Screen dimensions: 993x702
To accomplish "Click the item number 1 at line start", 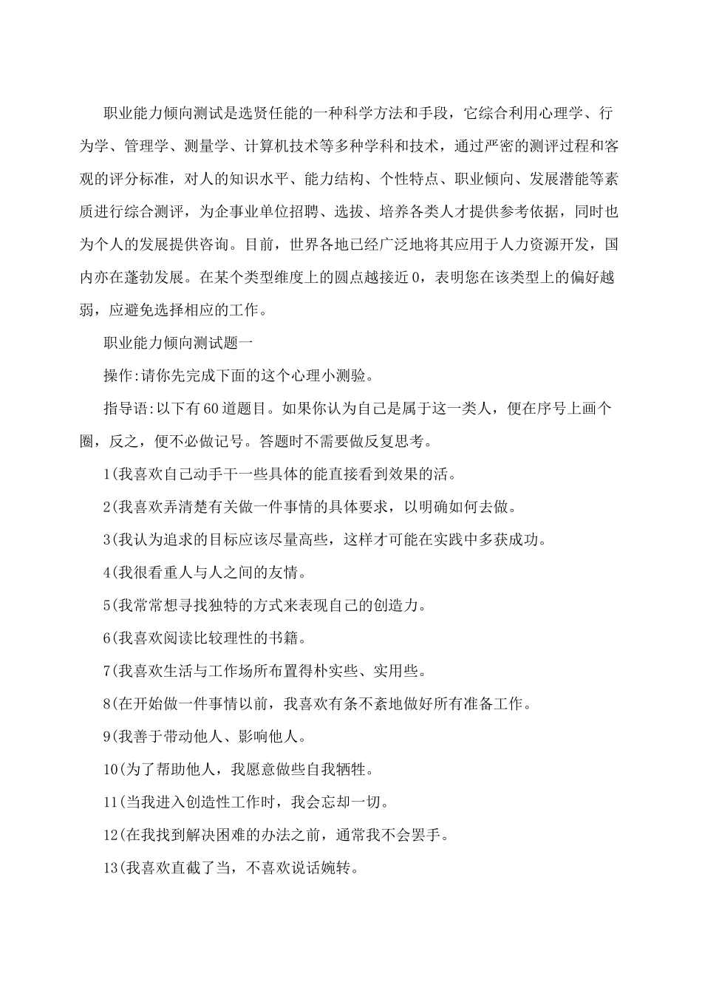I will [x=106, y=474].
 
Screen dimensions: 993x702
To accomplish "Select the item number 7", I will [x=106, y=672].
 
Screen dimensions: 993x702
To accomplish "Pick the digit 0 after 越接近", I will [x=416, y=278].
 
